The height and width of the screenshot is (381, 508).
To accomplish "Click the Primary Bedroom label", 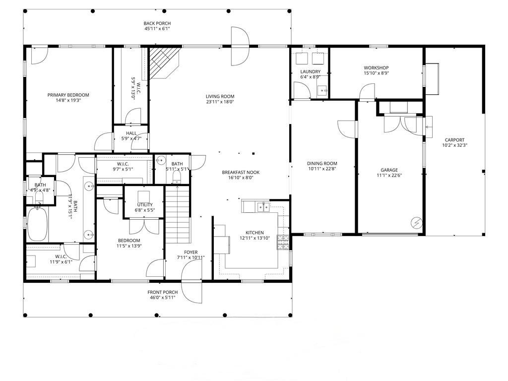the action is [x=68, y=95].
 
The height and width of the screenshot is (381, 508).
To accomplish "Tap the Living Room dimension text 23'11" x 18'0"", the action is [x=220, y=102].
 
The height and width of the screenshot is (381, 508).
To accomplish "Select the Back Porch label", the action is [x=157, y=23].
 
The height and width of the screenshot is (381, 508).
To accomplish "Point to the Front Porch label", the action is [x=163, y=292].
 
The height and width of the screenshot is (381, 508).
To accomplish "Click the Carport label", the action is [x=454, y=140].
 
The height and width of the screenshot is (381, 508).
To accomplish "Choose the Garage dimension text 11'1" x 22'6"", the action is [x=389, y=175].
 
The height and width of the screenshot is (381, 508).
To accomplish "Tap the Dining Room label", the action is [x=322, y=164].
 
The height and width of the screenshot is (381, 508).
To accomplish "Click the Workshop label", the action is [x=376, y=67].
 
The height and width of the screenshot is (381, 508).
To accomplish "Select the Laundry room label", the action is [x=311, y=71].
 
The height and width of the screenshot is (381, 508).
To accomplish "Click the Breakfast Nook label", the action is [x=241, y=172].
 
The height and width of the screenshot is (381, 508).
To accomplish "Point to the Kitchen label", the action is [x=254, y=233].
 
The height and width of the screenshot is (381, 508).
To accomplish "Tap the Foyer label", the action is [x=191, y=253].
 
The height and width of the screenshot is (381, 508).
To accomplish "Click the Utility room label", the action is [x=145, y=205].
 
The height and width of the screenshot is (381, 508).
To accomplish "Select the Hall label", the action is [x=131, y=133].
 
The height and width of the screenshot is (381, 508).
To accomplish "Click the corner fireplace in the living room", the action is [x=164, y=63].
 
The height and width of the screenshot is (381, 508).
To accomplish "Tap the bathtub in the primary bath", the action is [x=37, y=224].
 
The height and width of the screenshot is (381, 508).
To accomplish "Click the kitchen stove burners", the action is [x=283, y=242].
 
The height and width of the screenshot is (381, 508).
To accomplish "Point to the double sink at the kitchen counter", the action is [x=263, y=207].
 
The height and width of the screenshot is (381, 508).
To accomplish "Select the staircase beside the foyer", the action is [x=177, y=214].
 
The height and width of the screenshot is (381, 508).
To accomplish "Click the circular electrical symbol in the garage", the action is [x=416, y=223].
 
